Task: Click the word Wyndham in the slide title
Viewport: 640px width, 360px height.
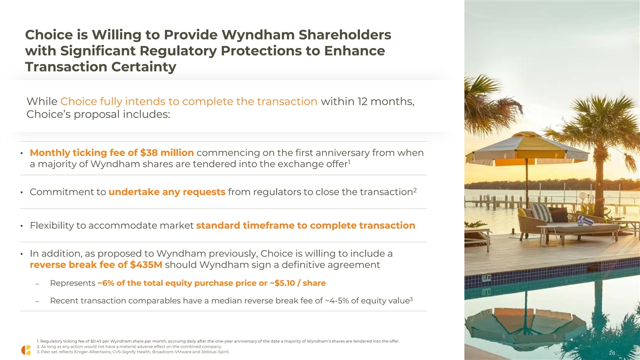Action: (x=258, y=35)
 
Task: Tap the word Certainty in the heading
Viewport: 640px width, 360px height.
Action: (x=143, y=67)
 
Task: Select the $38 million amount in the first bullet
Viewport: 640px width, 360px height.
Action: (x=167, y=153)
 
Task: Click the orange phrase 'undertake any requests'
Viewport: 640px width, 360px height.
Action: (x=167, y=192)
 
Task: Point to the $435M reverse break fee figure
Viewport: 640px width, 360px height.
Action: (x=146, y=265)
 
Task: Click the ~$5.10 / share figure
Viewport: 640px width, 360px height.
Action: (x=298, y=283)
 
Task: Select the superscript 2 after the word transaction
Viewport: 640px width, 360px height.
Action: (x=415, y=190)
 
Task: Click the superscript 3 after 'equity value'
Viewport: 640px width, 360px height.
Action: (x=411, y=299)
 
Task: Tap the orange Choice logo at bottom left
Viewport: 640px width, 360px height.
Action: (x=26, y=350)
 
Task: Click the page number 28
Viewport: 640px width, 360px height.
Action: (x=612, y=353)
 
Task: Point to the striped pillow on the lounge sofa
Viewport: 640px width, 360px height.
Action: (x=541, y=213)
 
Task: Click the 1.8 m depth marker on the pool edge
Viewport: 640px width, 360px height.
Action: (x=486, y=278)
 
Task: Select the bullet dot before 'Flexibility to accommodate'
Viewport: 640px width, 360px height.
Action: (x=21, y=226)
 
